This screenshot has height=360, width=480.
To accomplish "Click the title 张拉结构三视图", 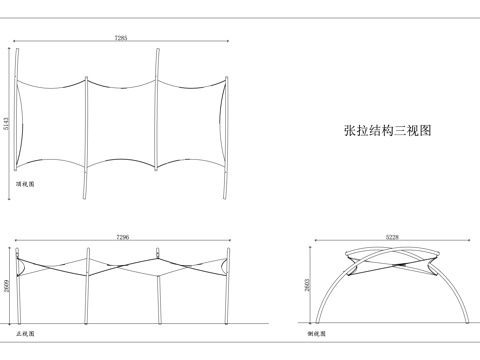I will pos(387,130).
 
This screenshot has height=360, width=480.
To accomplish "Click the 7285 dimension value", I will pos(120,38).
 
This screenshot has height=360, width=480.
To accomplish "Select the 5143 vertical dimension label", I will pos(7,122).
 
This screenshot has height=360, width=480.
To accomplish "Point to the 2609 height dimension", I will pos(7,285).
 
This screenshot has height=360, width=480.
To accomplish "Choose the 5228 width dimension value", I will pos(392,237).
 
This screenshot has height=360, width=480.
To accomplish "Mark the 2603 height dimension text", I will pos(307,286).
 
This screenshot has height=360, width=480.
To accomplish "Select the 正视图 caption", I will pos(24,331).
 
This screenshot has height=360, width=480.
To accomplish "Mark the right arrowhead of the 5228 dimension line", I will pos(469,242).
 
